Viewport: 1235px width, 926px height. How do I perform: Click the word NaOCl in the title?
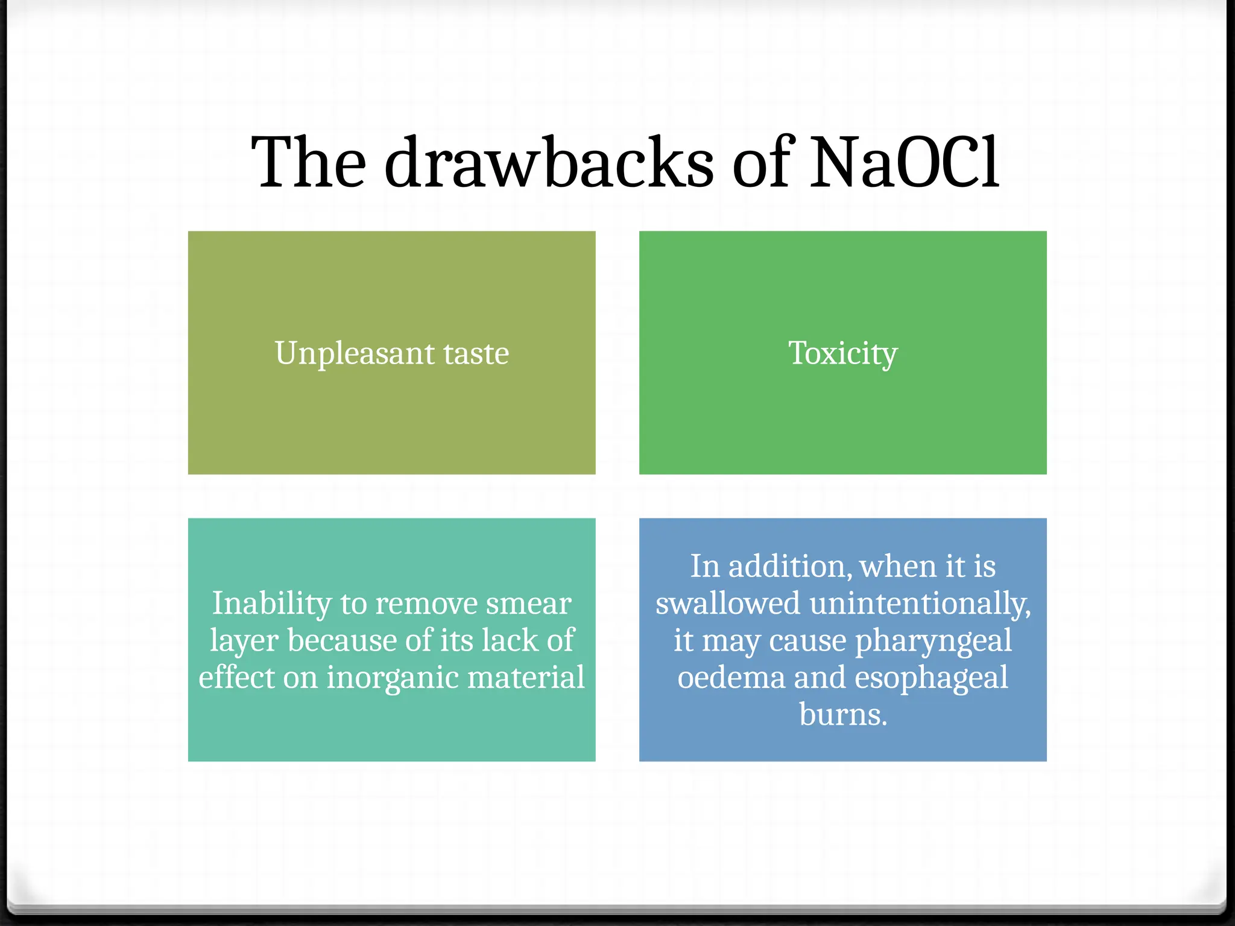click(904, 162)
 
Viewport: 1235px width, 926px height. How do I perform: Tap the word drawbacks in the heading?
click(549, 162)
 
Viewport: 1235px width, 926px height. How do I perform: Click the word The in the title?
click(308, 162)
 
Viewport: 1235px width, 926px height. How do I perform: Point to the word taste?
click(476, 353)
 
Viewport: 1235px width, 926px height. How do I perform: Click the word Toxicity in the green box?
click(843, 353)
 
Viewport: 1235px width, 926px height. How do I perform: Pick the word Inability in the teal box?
click(272, 603)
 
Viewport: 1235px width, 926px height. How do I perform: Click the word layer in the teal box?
click(244, 641)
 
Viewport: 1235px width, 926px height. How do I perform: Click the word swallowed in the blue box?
click(728, 603)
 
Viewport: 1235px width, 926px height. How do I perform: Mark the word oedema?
click(731, 677)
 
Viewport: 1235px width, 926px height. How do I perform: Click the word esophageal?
click(931, 678)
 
